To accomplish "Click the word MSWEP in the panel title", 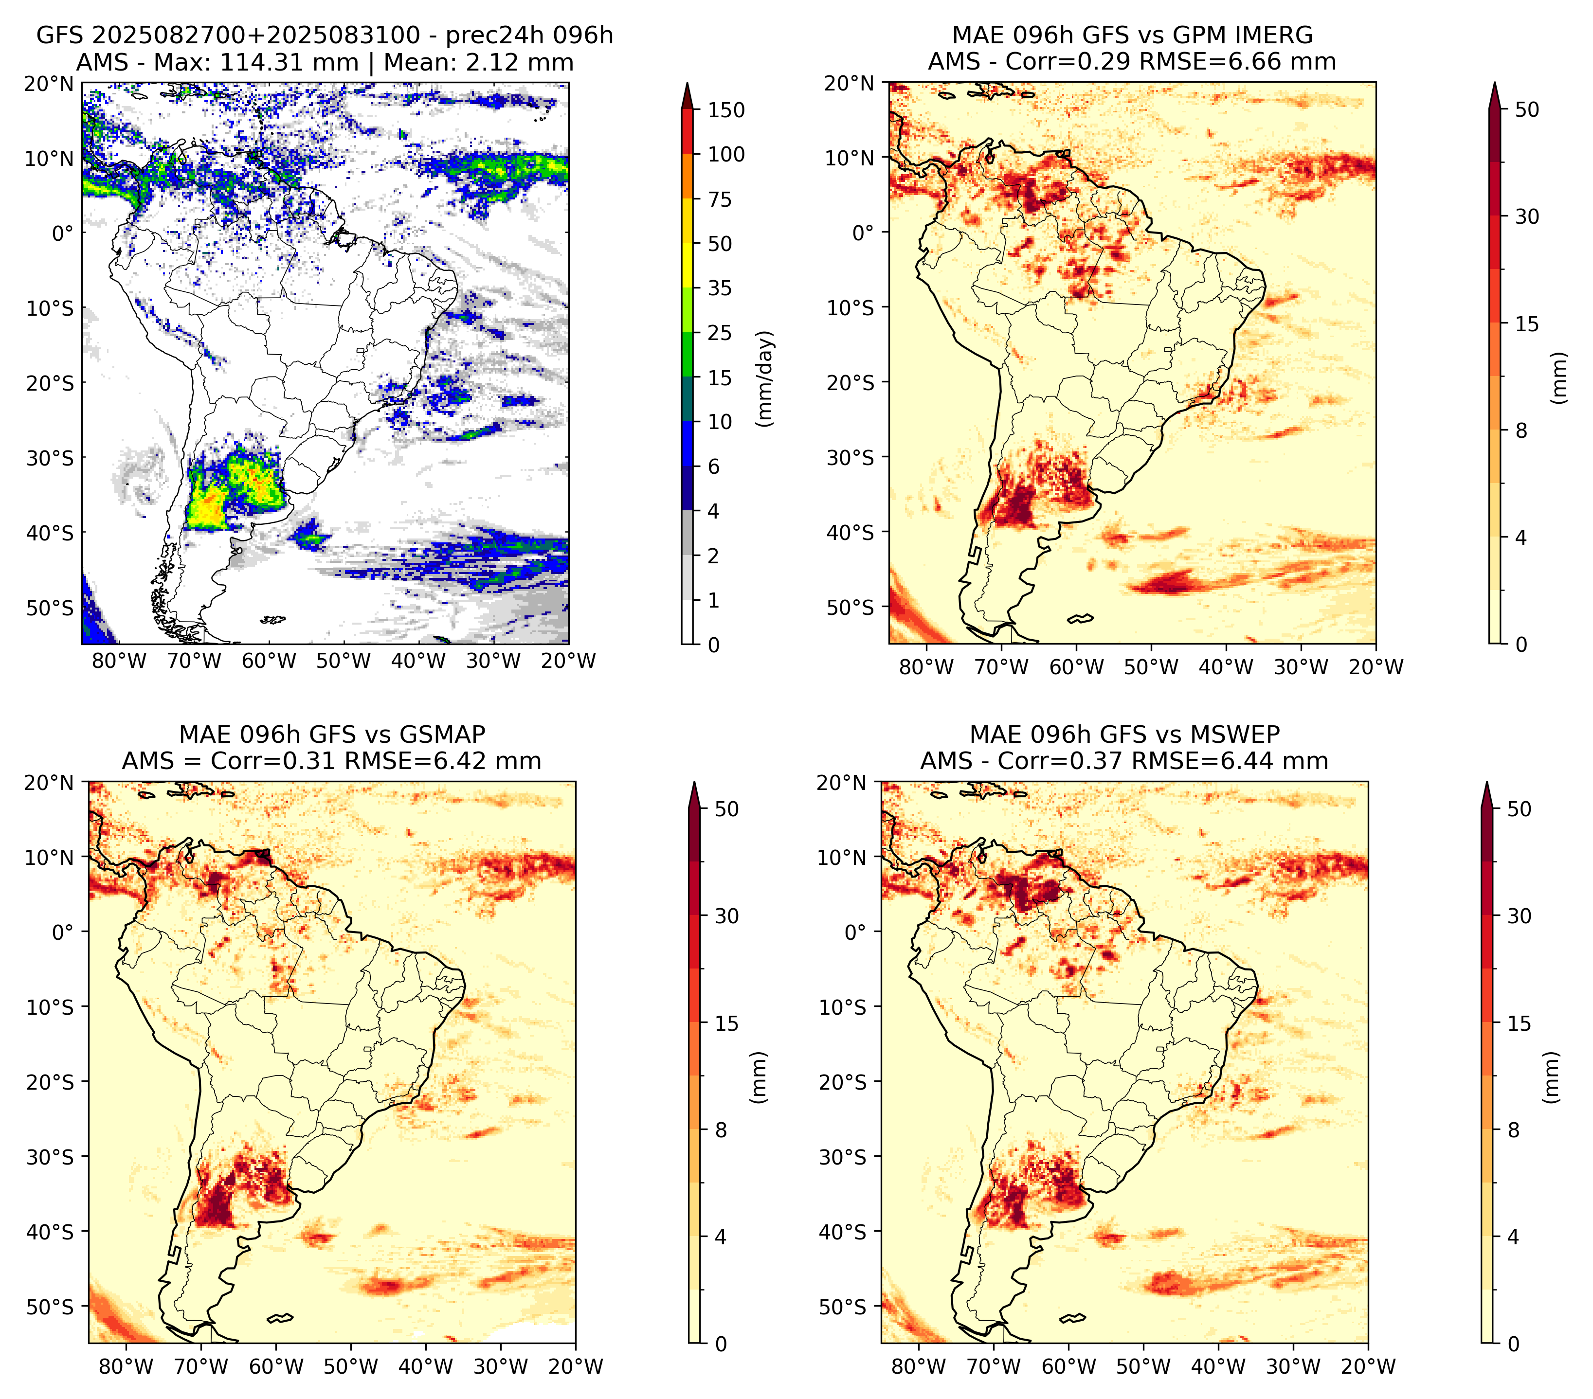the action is pyautogui.click(x=1240, y=735).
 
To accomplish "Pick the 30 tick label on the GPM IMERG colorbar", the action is pyautogui.click(x=1527, y=216).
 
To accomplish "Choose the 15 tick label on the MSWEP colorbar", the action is pyautogui.click(x=1519, y=1023).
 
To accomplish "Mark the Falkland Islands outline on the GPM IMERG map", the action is pyautogui.click(x=1081, y=618).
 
